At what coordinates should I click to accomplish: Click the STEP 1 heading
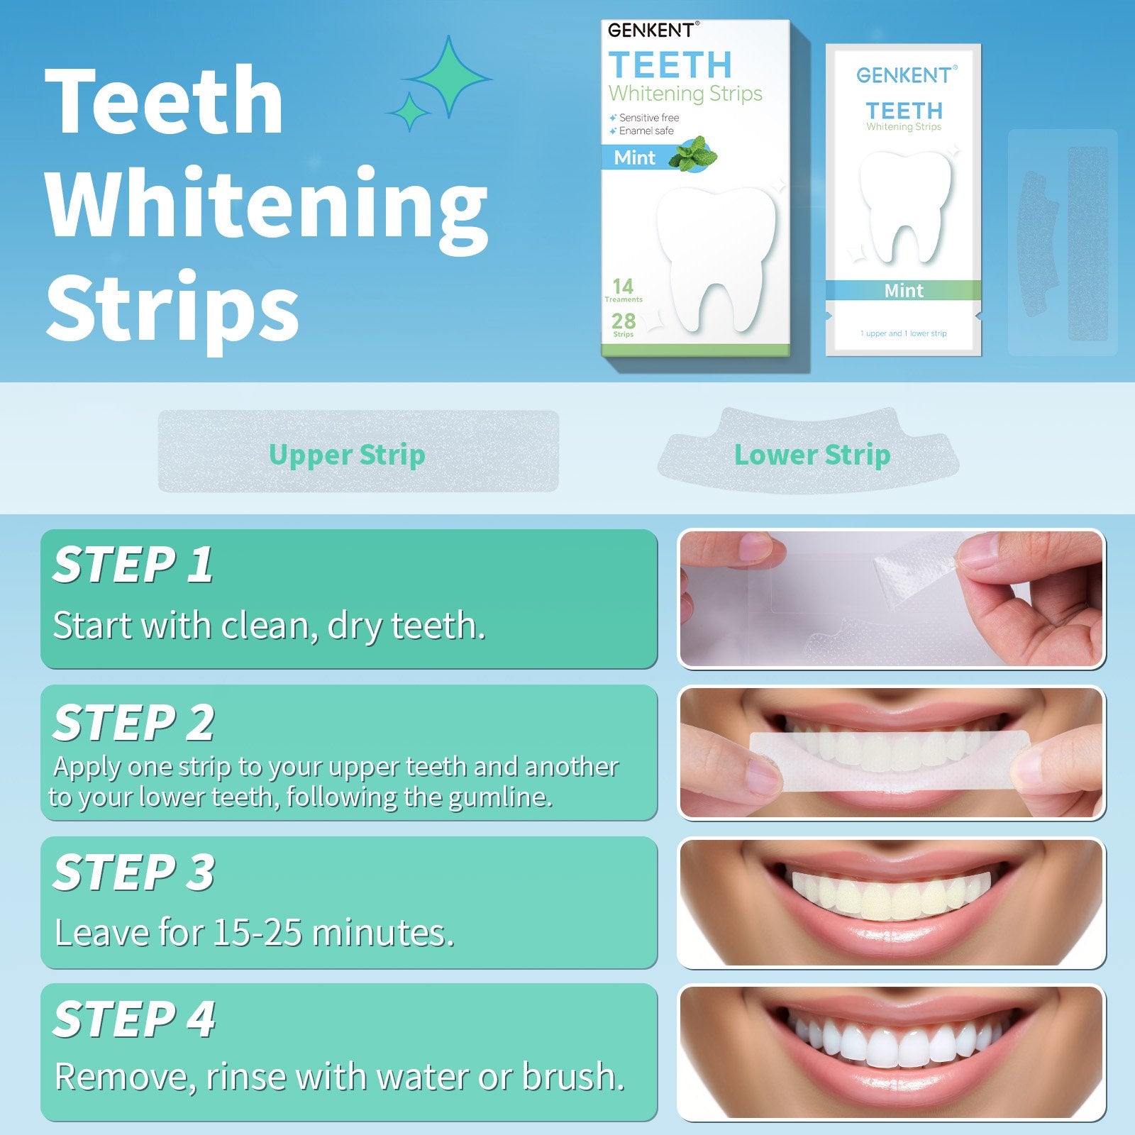[133, 565]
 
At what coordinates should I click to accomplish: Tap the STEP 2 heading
[133, 723]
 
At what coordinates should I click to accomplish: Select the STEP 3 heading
[133, 873]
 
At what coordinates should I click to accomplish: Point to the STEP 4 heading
[134, 1019]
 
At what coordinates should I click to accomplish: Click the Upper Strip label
[347, 455]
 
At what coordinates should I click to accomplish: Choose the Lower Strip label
[812, 455]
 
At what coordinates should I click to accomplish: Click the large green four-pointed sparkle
[448, 76]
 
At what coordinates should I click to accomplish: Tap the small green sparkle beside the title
[409, 112]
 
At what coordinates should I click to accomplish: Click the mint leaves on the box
[693, 153]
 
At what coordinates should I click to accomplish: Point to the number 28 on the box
[624, 321]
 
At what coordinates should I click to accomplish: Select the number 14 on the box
[623, 286]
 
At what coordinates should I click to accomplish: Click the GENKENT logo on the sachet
[906, 74]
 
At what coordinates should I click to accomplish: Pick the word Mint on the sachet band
[904, 290]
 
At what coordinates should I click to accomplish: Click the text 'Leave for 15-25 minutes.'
[255, 932]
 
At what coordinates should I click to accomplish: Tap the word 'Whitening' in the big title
[267, 206]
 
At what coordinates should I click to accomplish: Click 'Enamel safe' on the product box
[646, 131]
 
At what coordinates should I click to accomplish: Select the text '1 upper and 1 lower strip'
[903, 333]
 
